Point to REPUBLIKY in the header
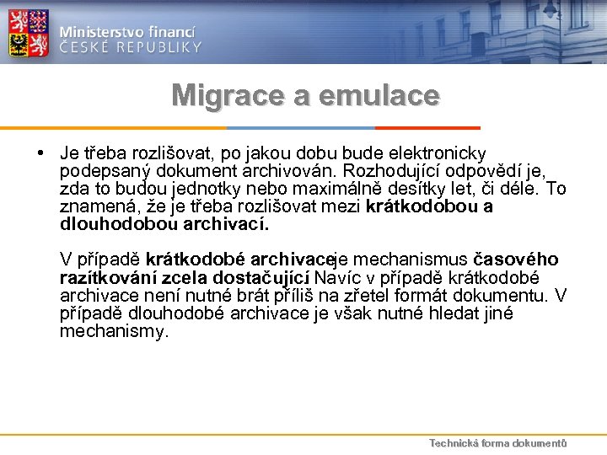160,47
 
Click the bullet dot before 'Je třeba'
41,153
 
